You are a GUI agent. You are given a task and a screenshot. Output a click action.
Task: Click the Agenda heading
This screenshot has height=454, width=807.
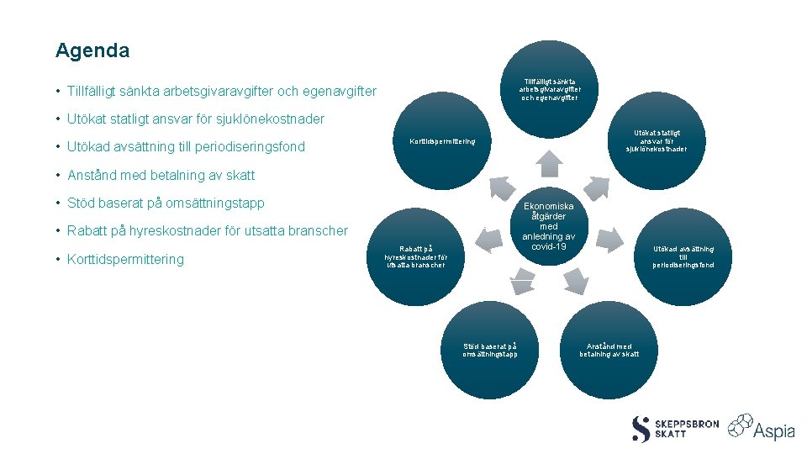92,50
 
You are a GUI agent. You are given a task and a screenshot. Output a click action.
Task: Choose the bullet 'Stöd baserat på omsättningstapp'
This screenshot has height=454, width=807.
166,203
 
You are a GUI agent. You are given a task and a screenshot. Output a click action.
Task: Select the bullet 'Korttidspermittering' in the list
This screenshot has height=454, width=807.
125,259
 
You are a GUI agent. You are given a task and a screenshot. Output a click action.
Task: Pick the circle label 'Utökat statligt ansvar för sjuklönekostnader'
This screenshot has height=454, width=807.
657,140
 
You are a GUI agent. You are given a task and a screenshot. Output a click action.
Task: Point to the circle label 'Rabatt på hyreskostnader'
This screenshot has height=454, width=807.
416,256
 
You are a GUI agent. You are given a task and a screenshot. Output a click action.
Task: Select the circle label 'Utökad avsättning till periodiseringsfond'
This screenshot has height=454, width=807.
683,256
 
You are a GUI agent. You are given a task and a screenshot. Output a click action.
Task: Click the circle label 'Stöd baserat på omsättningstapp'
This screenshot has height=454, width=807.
489,350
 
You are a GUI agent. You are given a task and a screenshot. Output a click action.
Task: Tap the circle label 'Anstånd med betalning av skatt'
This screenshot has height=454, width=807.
609,350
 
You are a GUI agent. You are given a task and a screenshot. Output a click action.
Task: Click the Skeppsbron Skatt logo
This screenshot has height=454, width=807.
675,429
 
